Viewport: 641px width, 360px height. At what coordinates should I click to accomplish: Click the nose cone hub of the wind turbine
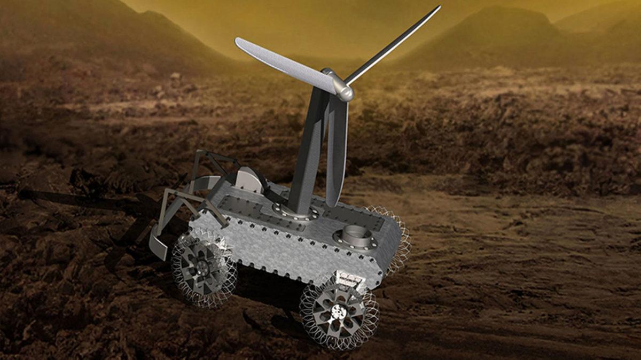344,92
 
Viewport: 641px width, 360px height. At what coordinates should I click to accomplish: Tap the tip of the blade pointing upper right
438,8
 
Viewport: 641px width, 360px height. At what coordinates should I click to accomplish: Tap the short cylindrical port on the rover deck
355,236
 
